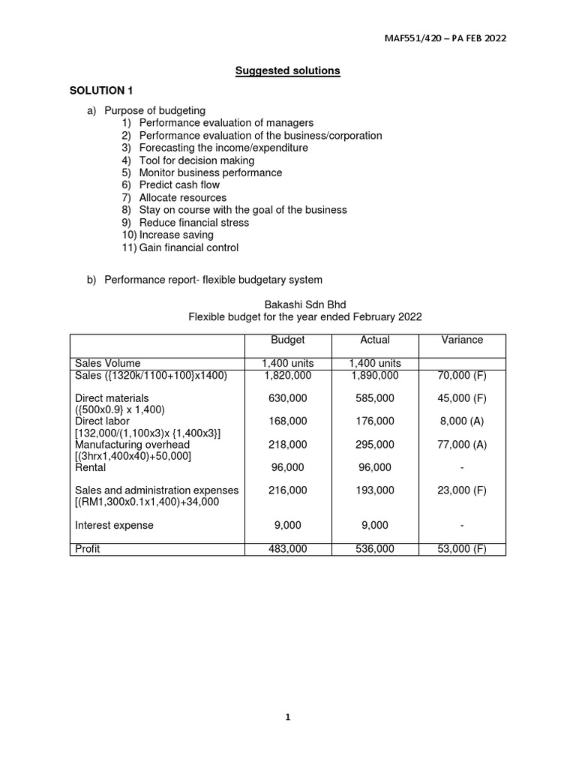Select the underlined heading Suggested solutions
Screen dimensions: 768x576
287,70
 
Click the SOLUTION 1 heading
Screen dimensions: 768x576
101,91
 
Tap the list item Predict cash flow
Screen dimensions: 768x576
179,185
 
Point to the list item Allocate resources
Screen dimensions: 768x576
182,197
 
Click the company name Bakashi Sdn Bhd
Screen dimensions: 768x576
304,304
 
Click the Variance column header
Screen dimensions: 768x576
462,340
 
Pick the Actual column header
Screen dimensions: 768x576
375,340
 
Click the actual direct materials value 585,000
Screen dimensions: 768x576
375,398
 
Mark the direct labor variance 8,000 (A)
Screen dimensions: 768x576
462,421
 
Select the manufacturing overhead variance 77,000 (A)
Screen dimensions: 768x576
462,445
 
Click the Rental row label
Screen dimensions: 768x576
91,467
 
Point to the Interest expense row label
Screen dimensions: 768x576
114,526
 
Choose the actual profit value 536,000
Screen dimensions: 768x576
375,549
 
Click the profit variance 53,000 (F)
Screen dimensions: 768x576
462,549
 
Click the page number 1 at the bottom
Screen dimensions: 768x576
287,717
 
